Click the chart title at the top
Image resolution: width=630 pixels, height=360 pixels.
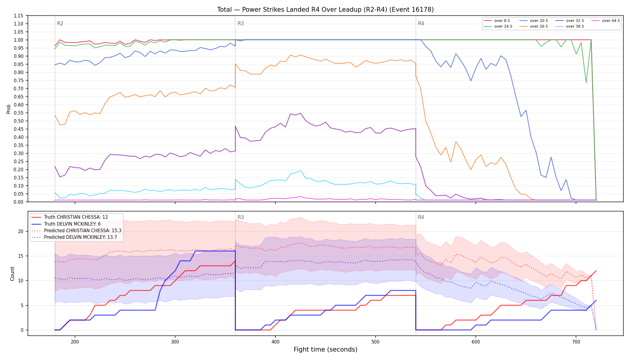coord(325,10)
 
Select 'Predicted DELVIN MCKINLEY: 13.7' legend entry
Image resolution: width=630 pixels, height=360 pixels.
coord(76,237)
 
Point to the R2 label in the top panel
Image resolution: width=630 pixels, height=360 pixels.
coord(60,23)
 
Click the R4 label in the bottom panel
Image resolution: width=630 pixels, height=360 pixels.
coord(421,217)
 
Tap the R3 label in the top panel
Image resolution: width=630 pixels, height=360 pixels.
coord(241,23)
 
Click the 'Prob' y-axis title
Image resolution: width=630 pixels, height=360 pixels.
coord(9,109)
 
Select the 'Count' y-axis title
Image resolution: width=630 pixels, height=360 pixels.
coord(12,274)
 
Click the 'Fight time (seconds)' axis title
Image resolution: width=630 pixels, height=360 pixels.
coord(325,349)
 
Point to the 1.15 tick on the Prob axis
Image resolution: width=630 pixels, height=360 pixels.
coord(19,16)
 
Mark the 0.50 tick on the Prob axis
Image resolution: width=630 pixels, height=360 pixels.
coord(19,121)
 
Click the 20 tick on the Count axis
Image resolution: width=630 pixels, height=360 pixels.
coord(20,231)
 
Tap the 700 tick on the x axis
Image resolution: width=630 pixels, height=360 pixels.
coord(576,341)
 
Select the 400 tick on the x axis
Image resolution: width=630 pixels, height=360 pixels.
coord(275,341)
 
